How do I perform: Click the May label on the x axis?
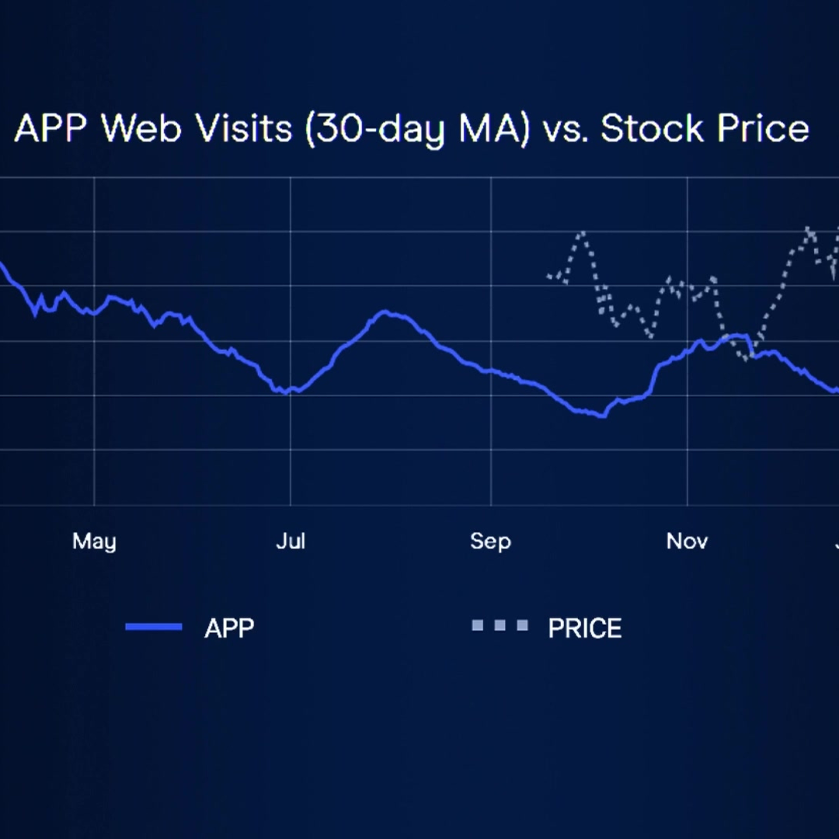pyautogui.click(x=94, y=541)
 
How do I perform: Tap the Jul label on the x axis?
pyautogui.click(x=291, y=541)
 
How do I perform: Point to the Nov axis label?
pyautogui.click(x=687, y=541)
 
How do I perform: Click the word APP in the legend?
pyautogui.click(x=229, y=628)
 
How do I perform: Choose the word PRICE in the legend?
pyautogui.click(x=585, y=628)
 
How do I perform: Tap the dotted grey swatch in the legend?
pyautogui.click(x=500, y=625)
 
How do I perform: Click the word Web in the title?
pyautogui.click(x=141, y=129)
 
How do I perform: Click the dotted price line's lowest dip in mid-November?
pyautogui.click(x=745, y=359)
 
